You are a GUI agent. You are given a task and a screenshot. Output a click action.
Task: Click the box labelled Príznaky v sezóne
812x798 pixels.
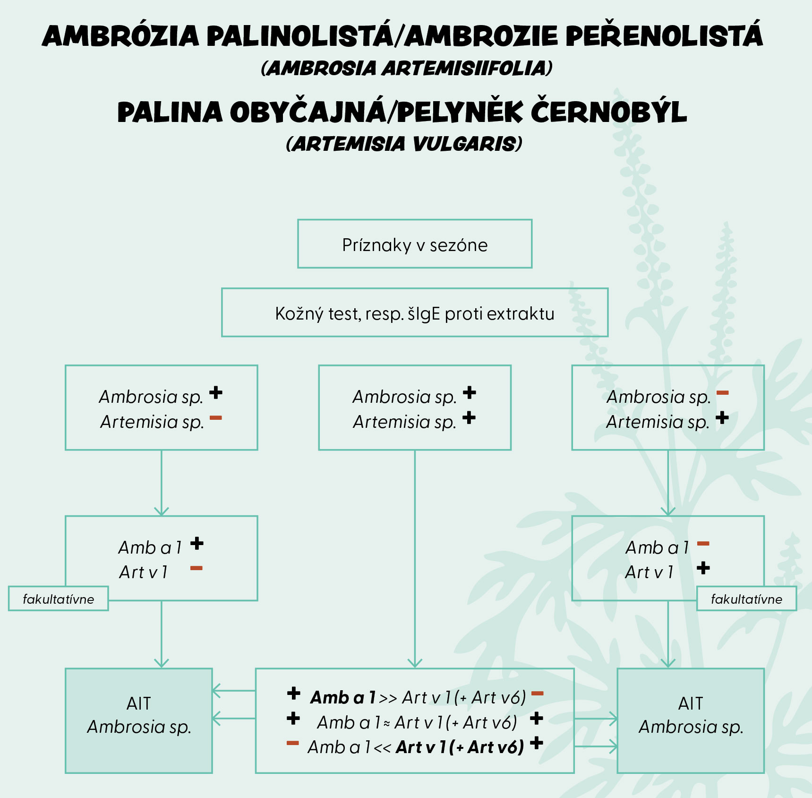pyautogui.click(x=414, y=244)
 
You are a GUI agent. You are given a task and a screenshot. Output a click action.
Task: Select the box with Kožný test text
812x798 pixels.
pyautogui.click(x=414, y=312)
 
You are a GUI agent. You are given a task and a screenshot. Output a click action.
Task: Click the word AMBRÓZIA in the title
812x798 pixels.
pyautogui.click(x=121, y=36)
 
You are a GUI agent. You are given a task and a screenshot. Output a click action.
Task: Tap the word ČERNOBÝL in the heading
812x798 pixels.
pyautogui.click(x=609, y=113)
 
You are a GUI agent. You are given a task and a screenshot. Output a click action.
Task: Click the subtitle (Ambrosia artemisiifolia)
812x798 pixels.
pyautogui.click(x=406, y=68)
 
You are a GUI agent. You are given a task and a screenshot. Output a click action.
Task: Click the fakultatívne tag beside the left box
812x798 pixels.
pyautogui.click(x=58, y=598)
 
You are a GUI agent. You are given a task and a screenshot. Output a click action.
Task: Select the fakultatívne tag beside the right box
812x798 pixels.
pyautogui.click(x=746, y=598)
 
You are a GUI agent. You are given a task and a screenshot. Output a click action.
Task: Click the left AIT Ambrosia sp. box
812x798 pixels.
pyautogui.click(x=138, y=720)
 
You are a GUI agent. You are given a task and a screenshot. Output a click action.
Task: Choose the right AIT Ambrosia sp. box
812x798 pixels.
pyautogui.click(x=691, y=720)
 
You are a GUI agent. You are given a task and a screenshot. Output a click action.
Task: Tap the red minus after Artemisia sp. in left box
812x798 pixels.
pyautogui.click(x=215, y=418)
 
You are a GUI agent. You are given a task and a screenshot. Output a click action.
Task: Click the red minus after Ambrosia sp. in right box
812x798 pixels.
pyautogui.click(x=722, y=393)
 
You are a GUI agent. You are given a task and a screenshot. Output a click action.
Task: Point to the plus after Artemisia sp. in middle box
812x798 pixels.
pyautogui.click(x=469, y=418)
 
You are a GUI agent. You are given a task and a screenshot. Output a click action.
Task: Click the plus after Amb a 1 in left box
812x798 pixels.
pyautogui.click(x=197, y=544)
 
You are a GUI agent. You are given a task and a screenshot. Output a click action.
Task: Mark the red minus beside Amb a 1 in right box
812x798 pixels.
pyautogui.click(x=703, y=544)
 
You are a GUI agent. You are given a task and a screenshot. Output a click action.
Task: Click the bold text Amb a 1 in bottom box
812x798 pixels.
pyautogui.click(x=342, y=697)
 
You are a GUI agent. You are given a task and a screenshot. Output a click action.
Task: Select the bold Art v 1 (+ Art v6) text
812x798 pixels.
pyautogui.click(x=460, y=747)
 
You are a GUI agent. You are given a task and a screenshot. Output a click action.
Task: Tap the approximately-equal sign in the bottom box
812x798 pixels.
pyautogui.click(x=386, y=723)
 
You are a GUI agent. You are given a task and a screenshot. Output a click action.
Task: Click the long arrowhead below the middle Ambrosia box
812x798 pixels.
pyautogui.click(x=415, y=663)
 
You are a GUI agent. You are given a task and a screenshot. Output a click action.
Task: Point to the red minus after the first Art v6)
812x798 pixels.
pyautogui.click(x=537, y=694)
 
